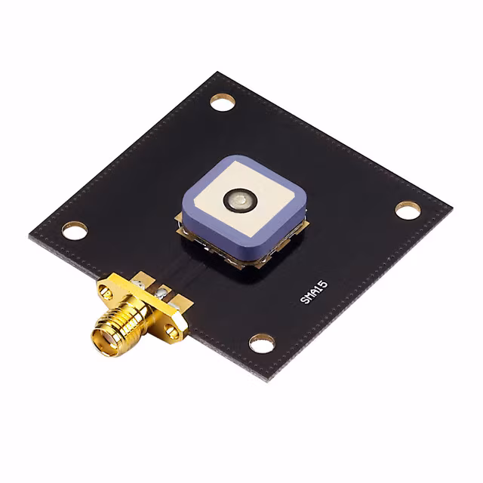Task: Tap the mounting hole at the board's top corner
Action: click(223, 101)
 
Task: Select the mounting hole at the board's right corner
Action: click(408, 210)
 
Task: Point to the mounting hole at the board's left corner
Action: click(75, 230)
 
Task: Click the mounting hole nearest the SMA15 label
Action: click(262, 343)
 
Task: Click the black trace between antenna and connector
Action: click(189, 266)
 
